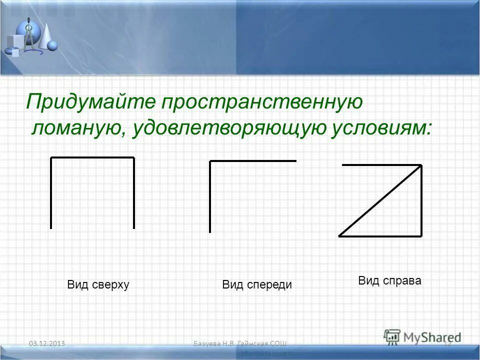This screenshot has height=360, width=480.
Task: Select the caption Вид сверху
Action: (98, 285)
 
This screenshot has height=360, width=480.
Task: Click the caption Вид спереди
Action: (256, 285)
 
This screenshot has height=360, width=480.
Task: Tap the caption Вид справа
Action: (389, 280)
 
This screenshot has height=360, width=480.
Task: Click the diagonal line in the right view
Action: (380, 200)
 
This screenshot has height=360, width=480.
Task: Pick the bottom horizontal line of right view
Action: (380, 236)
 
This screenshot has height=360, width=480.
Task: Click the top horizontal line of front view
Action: (253, 161)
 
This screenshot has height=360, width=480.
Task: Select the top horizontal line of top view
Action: (92, 158)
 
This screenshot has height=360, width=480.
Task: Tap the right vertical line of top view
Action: (134, 193)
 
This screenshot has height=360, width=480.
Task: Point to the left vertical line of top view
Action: (51, 193)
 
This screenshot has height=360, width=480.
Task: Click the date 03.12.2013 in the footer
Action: (48, 343)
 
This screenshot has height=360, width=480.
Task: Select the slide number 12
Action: (447, 343)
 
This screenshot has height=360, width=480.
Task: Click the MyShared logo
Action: (422, 336)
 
